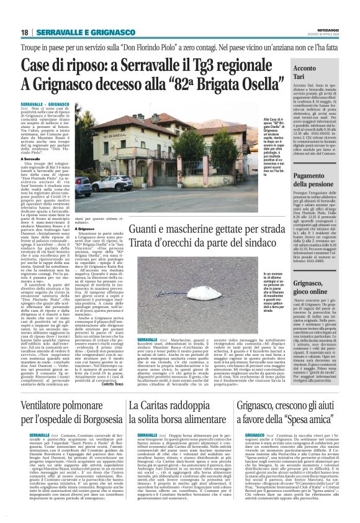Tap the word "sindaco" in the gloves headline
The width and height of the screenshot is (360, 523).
(244, 247)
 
